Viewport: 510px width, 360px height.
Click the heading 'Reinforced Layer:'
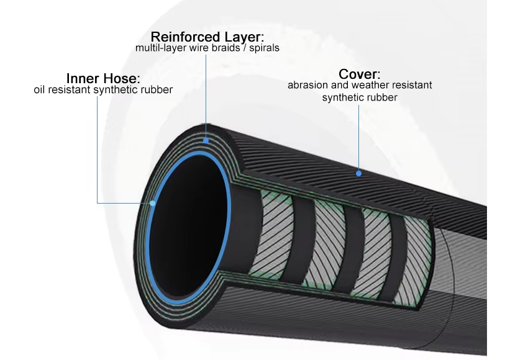(207, 37)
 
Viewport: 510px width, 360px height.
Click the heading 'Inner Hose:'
(103, 78)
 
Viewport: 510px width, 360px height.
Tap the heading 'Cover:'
(360, 74)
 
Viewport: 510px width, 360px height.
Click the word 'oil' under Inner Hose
(39, 89)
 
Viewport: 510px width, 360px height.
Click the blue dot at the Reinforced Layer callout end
(206, 141)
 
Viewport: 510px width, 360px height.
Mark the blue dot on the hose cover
(359, 174)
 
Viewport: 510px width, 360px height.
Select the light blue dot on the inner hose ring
(153, 204)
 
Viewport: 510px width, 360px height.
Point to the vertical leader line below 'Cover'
(359, 137)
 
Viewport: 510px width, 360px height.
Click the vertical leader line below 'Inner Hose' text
(98, 150)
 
